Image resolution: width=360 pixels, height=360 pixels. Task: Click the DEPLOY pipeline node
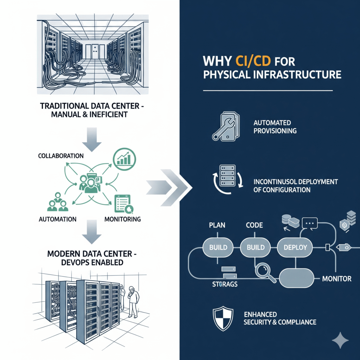295,247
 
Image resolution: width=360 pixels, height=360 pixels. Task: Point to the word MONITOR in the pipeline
336,279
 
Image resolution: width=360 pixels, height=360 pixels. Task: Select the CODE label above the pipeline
254,225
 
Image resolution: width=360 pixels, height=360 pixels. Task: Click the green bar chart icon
123,159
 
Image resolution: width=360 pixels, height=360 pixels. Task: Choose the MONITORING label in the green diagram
123,219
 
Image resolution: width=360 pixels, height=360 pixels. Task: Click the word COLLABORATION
60,155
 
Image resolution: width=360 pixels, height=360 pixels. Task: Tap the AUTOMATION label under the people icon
57,219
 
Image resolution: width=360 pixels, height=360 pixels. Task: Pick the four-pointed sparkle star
340,340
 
